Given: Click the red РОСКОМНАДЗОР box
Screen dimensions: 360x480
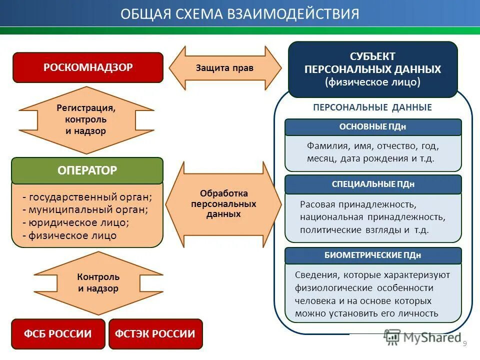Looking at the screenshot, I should [x=87, y=67].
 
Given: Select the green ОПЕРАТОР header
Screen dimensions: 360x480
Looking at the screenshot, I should [x=87, y=170].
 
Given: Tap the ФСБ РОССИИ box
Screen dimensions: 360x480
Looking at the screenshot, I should [x=58, y=334].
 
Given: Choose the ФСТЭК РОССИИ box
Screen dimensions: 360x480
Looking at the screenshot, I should [x=155, y=334].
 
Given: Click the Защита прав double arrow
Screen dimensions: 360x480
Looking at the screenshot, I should [x=225, y=68].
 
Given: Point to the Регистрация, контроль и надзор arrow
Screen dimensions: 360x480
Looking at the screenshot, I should [x=86, y=120].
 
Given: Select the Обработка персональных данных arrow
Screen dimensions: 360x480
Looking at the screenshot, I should [x=223, y=204].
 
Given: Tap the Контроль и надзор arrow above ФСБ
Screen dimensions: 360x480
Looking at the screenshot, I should [x=98, y=283].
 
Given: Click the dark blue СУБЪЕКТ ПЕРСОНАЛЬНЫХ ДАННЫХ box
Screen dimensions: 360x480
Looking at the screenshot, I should [x=372, y=69].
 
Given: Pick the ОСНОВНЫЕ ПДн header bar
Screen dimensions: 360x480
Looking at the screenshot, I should [x=372, y=127].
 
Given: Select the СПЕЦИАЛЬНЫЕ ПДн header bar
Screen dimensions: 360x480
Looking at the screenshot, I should [x=372, y=184].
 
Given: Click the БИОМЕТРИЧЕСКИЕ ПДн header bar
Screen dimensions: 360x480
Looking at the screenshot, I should [x=372, y=255].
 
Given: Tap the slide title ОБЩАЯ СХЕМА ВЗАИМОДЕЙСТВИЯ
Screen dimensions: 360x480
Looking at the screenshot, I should [x=240, y=13].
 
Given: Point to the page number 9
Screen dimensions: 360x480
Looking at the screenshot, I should [x=465, y=343].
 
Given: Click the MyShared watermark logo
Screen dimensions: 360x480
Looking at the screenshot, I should [x=422, y=337].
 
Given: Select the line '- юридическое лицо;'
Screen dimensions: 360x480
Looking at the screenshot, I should [x=76, y=222].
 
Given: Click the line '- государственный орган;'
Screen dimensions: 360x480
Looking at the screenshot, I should [x=87, y=196].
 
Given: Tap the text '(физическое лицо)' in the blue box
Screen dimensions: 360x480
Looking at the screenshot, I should [x=372, y=82].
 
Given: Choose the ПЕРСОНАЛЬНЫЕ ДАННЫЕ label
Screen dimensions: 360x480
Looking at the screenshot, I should [x=372, y=107].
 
